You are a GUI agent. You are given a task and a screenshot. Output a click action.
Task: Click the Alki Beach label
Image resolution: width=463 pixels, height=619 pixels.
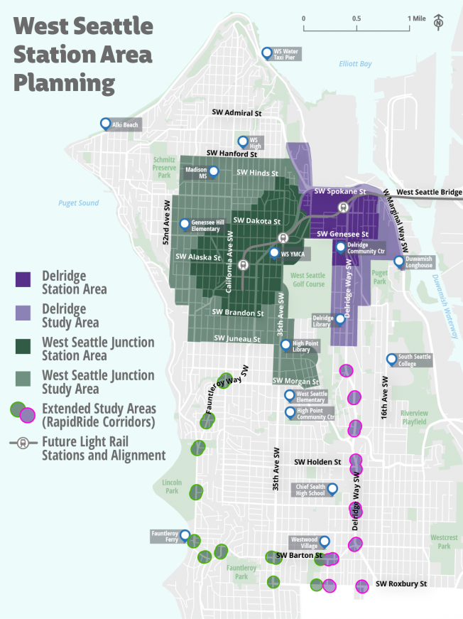coord(125,124)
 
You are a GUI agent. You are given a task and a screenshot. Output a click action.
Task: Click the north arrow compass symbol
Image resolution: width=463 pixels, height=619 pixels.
coord(439,23)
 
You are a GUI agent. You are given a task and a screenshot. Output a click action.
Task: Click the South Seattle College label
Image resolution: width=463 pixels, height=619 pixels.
coord(415,360)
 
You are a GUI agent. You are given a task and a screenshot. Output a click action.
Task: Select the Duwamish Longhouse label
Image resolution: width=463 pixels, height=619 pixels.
coord(419,262)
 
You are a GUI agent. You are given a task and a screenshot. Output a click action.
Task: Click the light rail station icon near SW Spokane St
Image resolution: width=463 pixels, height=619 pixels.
coord(343,208)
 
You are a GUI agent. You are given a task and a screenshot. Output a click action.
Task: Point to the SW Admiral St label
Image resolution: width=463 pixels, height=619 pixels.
coord(237,113)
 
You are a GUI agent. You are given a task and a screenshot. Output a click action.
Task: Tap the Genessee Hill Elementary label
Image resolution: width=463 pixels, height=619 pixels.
coord(206,225)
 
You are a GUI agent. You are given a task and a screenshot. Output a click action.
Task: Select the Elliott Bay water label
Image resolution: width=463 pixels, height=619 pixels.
coord(355,64)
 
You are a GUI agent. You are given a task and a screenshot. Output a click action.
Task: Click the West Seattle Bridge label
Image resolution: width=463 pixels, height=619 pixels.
coord(429,193)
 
